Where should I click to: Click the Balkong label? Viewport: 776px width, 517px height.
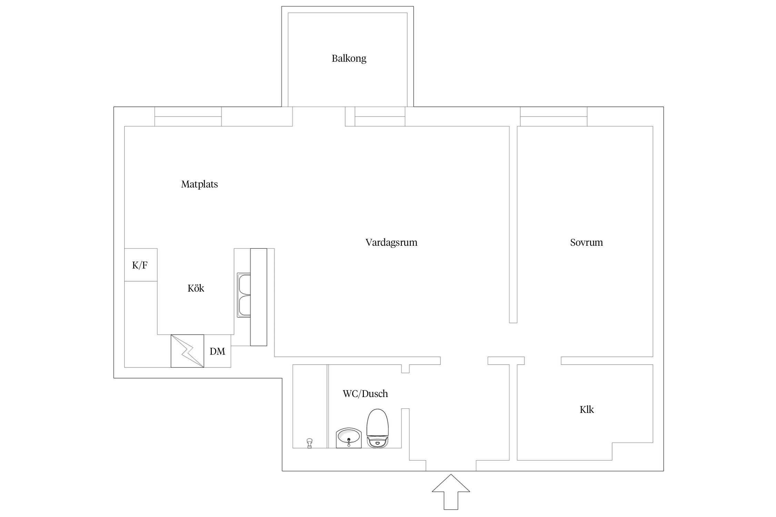pyautogui.click(x=349, y=59)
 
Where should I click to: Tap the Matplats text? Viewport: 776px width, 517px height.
pyautogui.click(x=199, y=184)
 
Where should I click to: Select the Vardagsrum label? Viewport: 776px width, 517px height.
pyautogui.click(x=391, y=243)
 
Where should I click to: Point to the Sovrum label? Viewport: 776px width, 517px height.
pyautogui.click(x=586, y=243)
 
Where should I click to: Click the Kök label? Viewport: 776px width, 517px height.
pyautogui.click(x=196, y=288)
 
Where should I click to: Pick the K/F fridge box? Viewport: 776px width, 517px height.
pyautogui.click(x=141, y=265)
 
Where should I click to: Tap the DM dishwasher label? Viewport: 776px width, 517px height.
pyautogui.click(x=217, y=351)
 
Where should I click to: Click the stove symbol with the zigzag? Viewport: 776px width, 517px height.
pyautogui.click(x=187, y=351)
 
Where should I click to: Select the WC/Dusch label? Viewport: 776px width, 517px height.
pyautogui.click(x=365, y=394)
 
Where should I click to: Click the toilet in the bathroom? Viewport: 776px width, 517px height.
pyautogui.click(x=378, y=428)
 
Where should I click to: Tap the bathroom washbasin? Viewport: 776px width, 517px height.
pyautogui.click(x=349, y=438)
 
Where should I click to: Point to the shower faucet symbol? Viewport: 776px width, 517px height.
pyautogui.click(x=309, y=443)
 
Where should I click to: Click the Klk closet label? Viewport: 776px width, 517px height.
pyautogui.click(x=587, y=409)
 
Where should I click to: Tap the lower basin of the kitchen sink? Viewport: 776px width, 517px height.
pyautogui.click(x=244, y=306)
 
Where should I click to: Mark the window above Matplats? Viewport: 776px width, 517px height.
pyautogui.click(x=188, y=116)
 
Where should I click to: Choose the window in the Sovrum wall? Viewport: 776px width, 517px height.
pyautogui.click(x=554, y=116)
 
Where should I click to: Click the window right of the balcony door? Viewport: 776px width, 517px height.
pyautogui.click(x=380, y=116)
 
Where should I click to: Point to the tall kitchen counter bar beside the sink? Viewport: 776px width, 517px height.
pyautogui.click(x=259, y=297)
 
